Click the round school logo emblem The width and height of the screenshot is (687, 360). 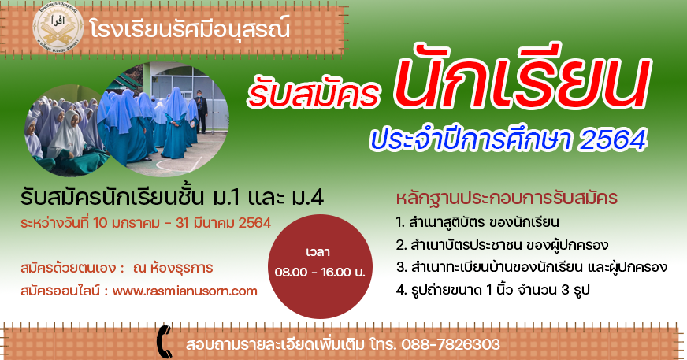(x=58, y=27)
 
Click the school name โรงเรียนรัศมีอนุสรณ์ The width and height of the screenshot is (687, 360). (x=189, y=28)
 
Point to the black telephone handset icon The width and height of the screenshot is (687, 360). (x=165, y=342)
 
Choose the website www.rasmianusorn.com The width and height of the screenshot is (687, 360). (x=184, y=291)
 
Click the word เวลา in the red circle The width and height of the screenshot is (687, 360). (x=318, y=252)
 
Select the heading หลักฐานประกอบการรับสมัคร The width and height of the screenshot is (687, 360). (x=507, y=198)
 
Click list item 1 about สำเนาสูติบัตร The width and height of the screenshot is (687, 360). (x=477, y=222)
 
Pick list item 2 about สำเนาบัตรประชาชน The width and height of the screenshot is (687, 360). (x=502, y=245)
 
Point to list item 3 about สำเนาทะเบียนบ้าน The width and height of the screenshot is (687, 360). (x=532, y=267)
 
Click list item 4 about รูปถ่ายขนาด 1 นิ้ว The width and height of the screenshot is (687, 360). (x=493, y=289)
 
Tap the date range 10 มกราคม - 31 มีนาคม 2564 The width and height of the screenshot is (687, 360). (x=182, y=223)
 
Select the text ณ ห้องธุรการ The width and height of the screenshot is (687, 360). (x=173, y=267)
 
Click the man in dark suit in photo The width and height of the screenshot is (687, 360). (x=202, y=112)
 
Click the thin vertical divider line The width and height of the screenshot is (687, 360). (x=381, y=243)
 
